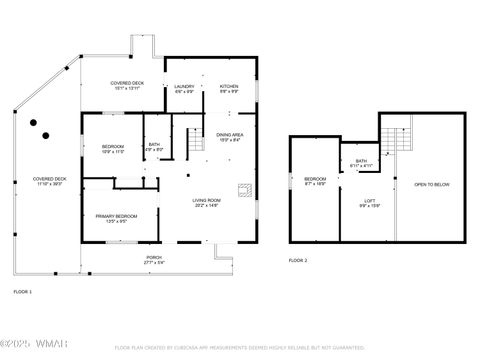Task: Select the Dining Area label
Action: (229, 136)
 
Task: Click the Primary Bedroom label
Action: (116, 218)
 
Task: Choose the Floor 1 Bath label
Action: (154, 147)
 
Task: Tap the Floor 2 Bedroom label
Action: (315, 183)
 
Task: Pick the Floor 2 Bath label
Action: (360, 163)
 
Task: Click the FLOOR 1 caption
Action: (22, 291)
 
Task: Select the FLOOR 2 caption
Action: (298, 260)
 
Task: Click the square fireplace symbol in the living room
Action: (242, 189)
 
